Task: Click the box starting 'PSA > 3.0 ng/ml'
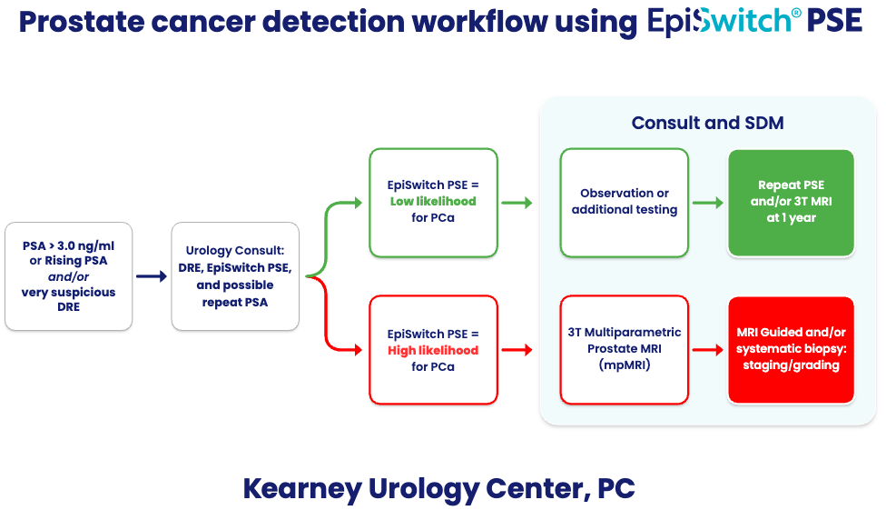pyautogui.click(x=69, y=275)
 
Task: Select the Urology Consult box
pyautogui.click(x=235, y=275)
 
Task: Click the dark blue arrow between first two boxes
pyautogui.click(x=152, y=276)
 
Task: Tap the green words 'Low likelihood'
pyautogui.click(x=433, y=201)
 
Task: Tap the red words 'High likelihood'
pyautogui.click(x=433, y=350)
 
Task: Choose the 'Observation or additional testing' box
pyautogui.click(x=624, y=202)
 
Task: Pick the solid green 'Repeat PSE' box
pyautogui.click(x=791, y=202)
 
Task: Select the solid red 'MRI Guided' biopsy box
pyautogui.click(x=791, y=350)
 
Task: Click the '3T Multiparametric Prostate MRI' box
pyautogui.click(x=624, y=350)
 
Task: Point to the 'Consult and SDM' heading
pyautogui.click(x=707, y=123)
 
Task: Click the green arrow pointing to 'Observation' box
pyautogui.click(x=517, y=202)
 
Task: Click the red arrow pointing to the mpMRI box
pyautogui.click(x=517, y=350)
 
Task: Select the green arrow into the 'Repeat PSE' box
pyautogui.click(x=707, y=202)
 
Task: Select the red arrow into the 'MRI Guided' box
pyautogui.click(x=707, y=350)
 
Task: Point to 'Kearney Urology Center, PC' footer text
pyautogui.click(x=438, y=488)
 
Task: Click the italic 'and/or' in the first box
pyautogui.click(x=69, y=276)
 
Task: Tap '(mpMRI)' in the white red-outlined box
pyautogui.click(x=624, y=365)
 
